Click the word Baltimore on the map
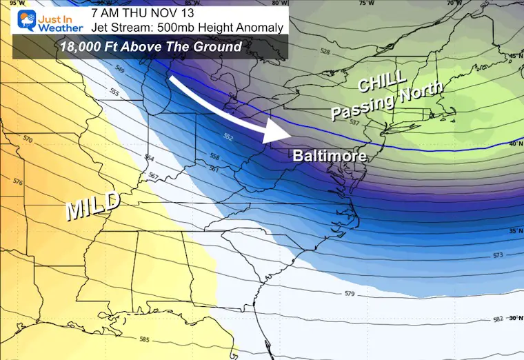coord(329,156)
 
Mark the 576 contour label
coord(17,182)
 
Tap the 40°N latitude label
coord(514,143)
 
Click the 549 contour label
coord(119,71)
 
